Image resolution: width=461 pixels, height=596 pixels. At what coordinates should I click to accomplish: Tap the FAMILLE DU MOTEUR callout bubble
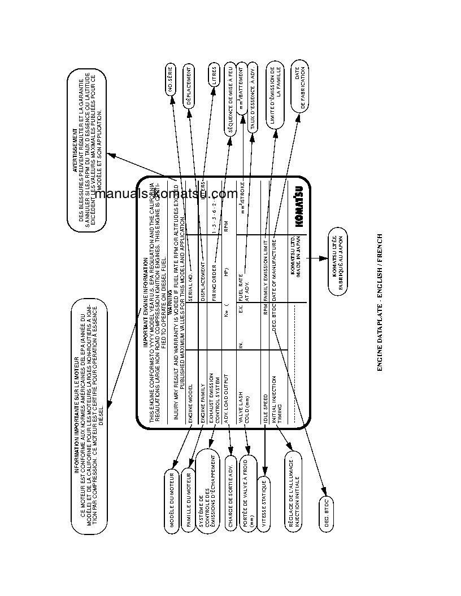(x=189, y=499)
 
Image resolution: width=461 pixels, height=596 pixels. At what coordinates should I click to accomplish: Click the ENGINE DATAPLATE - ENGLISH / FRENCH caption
(x=380, y=302)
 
